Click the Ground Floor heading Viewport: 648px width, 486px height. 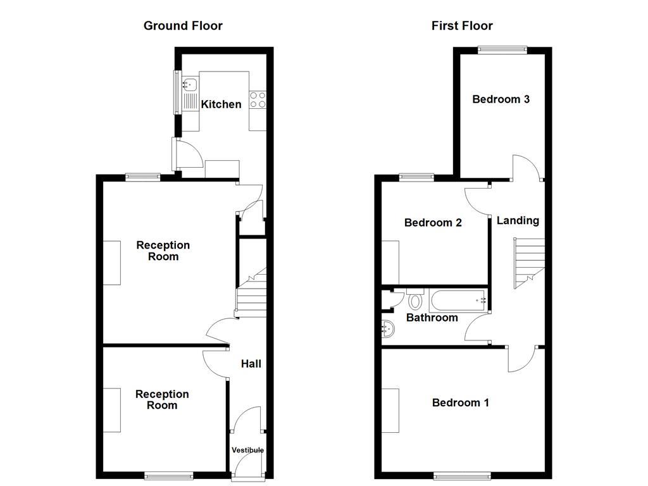point(183,26)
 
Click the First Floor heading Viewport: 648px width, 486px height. point(462,26)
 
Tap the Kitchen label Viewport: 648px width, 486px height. point(221,104)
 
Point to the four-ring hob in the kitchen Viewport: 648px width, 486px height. point(258,100)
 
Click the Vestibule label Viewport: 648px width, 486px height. point(247,450)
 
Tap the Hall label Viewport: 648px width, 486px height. point(251,364)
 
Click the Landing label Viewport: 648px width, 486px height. point(518,220)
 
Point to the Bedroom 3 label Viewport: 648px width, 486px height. point(501,99)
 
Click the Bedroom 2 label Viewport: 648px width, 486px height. point(433,223)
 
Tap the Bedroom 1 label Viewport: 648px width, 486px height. point(460,402)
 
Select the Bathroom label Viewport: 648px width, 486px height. point(432,318)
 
